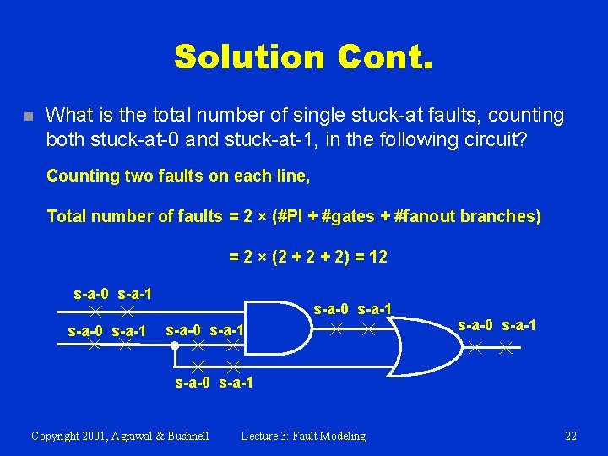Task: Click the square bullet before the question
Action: pos(28,116)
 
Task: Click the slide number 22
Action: pos(571,436)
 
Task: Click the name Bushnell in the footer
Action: pos(185,436)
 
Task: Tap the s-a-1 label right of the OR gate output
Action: pos(518,325)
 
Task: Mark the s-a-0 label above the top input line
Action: pos(91,294)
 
